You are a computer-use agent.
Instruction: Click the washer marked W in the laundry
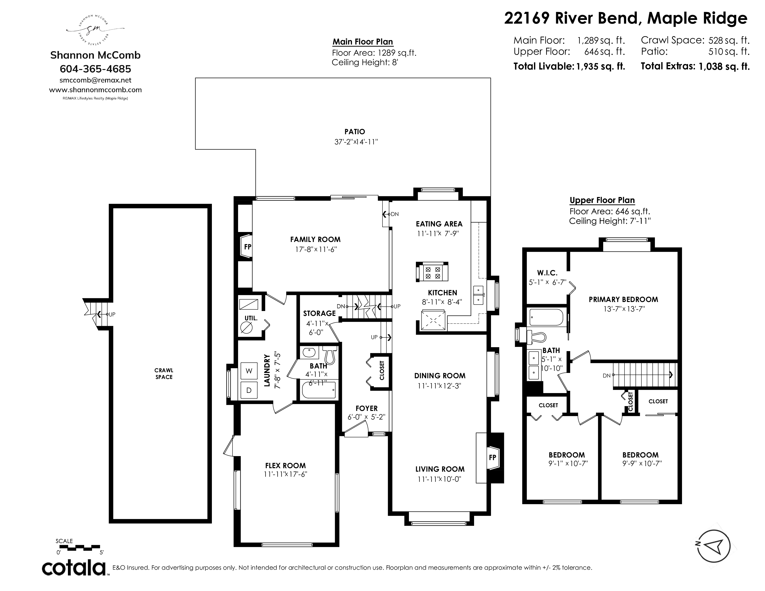click(x=249, y=371)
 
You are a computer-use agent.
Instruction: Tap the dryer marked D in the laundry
click(x=249, y=390)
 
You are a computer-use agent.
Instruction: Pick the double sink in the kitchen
click(x=478, y=295)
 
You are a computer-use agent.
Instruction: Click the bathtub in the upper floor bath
click(x=546, y=317)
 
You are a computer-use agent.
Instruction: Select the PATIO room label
click(x=355, y=132)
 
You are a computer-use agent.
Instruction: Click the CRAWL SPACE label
click(x=164, y=374)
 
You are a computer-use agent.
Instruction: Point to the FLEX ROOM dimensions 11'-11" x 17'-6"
click(x=285, y=474)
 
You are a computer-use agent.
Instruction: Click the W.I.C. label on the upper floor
click(x=547, y=273)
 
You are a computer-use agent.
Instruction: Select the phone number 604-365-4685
click(x=96, y=69)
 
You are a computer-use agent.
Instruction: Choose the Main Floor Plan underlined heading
click(x=363, y=42)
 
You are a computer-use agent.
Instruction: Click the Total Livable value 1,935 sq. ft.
click(x=601, y=66)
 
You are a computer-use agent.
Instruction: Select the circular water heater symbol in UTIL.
click(x=247, y=328)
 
